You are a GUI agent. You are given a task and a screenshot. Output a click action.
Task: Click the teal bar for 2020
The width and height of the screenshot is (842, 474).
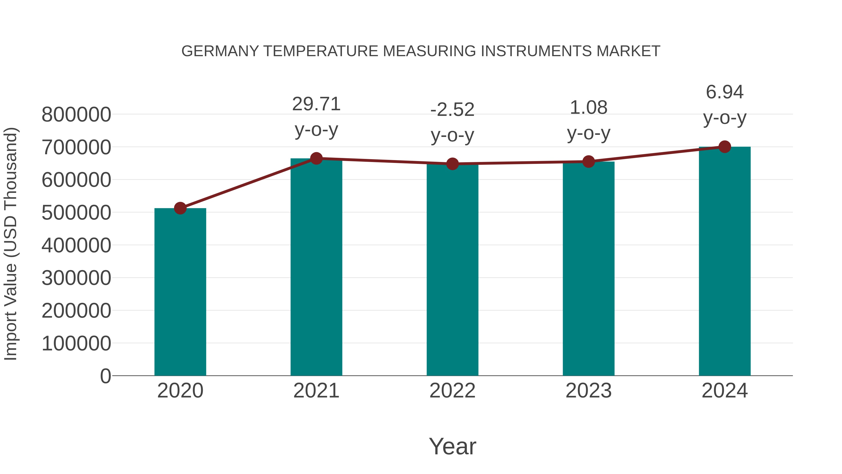pyautogui.click(x=180, y=291)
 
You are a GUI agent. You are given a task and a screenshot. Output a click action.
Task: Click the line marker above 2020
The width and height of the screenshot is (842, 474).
pyautogui.click(x=180, y=208)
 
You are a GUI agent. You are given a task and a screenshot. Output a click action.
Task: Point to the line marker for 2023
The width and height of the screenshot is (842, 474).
pyautogui.click(x=588, y=162)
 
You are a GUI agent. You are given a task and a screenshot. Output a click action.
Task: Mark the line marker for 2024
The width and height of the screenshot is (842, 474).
pyautogui.click(x=725, y=147)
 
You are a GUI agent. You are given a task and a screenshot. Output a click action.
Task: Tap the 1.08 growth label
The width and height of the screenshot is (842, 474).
pyautogui.click(x=588, y=108)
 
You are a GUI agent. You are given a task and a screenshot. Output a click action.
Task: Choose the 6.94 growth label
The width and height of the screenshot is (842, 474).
pyautogui.click(x=725, y=92)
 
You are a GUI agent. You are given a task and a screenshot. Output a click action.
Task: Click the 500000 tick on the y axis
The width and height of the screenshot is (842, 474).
pyautogui.click(x=76, y=213)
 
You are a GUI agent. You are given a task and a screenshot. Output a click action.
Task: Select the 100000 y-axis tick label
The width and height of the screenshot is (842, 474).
pyautogui.click(x=76, y=343)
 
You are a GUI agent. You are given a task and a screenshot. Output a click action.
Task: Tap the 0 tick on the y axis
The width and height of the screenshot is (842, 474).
pyautogui.click(x=105, y=376)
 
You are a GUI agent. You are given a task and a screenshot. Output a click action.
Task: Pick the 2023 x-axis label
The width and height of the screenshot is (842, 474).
pyautogui.click(x=588, y=391)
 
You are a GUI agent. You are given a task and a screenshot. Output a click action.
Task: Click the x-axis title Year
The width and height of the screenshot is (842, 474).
pyautogui.click(x=452, y=446)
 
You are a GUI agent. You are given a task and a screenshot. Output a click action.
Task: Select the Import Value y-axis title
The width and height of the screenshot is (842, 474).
pyautogui.click(x=11, y=244)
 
